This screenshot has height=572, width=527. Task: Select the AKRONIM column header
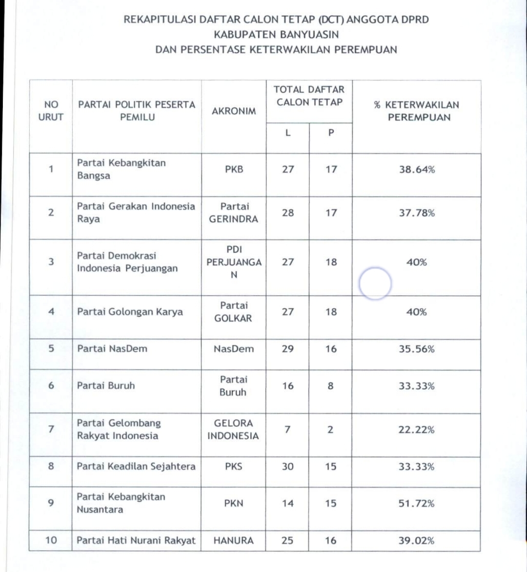pyautogui.click(x=234, y=111)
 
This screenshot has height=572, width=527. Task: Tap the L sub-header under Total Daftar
pyautogui.click(x=288, y=133)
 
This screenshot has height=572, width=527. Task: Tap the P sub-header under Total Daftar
pyautogui.click(x=331, y=133)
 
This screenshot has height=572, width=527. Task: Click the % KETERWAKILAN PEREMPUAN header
pyautogui.click(x=416, y=111)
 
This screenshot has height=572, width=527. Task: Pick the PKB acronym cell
pyautogui.click(x=234, y=170)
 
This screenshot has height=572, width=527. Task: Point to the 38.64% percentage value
pyautogui.click(x=417, y=170)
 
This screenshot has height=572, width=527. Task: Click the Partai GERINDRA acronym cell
pyautogui.click(x=234, y=213)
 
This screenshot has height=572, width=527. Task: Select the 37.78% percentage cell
pyautogui.click(x=417, y=213)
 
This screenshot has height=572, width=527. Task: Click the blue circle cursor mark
pyautogui.click(x=375, y=283)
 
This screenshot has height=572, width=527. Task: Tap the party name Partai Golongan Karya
pyautogui.click(x=130, y=312)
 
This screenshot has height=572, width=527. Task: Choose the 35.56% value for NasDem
pyautogui.click(x=417, y=349)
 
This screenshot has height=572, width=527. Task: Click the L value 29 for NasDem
pyautogui.click(x=288, y=349)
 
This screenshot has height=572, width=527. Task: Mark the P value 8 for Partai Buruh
pyautogui.click(x=331, y=386)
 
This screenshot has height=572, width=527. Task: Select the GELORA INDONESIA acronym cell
pyautogui.click(x=233, y=430)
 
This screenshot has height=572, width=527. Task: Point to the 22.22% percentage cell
pyautogui.click(x=417, y=430)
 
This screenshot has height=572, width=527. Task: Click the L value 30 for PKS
pyautogui.click(x=288, y=467)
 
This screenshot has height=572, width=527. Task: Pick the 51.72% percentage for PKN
pyautogui.click(x=417, y=503)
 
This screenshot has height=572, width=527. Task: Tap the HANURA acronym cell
pyautogui.click(x=234, y=541)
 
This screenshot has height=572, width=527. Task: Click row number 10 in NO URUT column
pyautogui.click(x=51, y=541)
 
